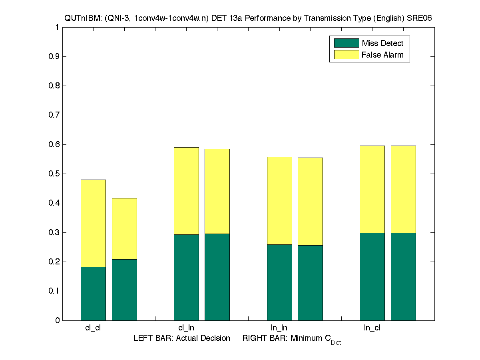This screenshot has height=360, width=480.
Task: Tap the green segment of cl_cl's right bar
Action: [x=124, y=290]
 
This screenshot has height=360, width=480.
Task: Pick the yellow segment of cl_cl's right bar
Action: [x=124, y=228]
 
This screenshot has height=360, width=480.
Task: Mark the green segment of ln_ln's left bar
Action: [x=279, y=282]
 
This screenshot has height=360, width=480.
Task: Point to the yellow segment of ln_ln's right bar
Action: [x=310, y=201]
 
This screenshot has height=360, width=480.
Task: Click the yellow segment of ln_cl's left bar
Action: [x=372, y=189]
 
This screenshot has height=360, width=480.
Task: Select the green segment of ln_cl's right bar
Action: [x=403, y=276]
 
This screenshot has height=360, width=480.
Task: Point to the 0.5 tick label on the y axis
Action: [x=54, y=174]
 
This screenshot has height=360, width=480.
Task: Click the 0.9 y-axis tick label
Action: [x=54, y=56]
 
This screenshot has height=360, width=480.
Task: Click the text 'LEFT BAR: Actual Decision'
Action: [x=182, y=338]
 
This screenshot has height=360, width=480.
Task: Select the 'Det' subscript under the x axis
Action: [x=336, y=343]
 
